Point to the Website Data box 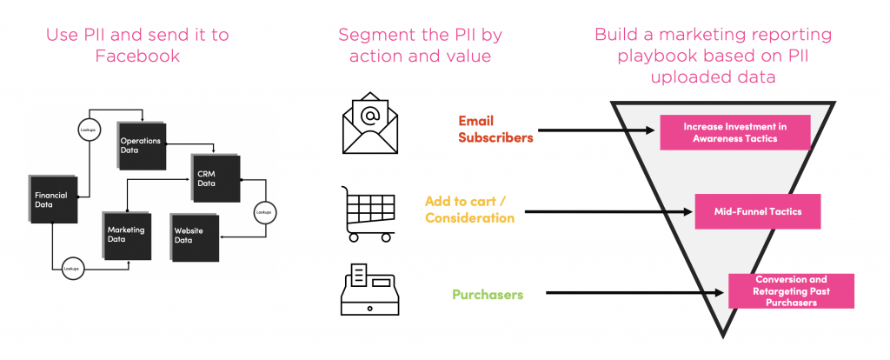[x=196, y=237]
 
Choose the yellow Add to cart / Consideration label [x=469, y=210]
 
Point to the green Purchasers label [x=488, y=295]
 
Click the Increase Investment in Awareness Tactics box [x=735, y=131]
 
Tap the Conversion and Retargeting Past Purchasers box [x=792, y=290]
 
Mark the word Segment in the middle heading [x=374, y=36]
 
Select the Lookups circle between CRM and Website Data [x=263, y=211]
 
